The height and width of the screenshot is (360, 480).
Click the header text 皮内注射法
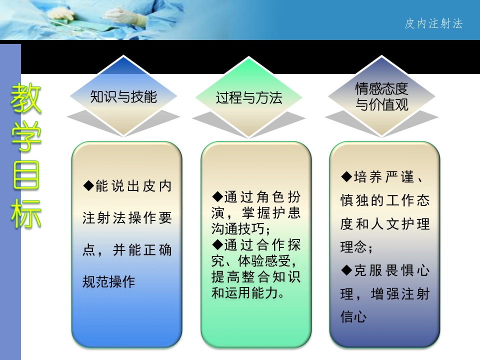(x=433, y=23)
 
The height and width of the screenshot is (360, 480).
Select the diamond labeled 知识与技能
(x=123, y=96)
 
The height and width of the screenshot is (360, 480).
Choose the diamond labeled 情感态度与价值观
(x=381, y=97)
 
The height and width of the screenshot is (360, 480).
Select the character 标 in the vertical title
(x=26, y=213)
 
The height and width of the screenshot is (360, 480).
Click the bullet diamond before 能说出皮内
(x=88, y=186)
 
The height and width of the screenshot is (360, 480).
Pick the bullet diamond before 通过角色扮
(x=217, y=195)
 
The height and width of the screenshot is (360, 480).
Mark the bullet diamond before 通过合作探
(x=217, y=244)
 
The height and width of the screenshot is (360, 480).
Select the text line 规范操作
(x=108, y=281)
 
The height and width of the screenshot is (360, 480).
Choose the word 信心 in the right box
(x=353, y=317)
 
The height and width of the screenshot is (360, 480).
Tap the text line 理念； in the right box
(x=356, y=247)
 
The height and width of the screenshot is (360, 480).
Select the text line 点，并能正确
(x=127, y=250)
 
